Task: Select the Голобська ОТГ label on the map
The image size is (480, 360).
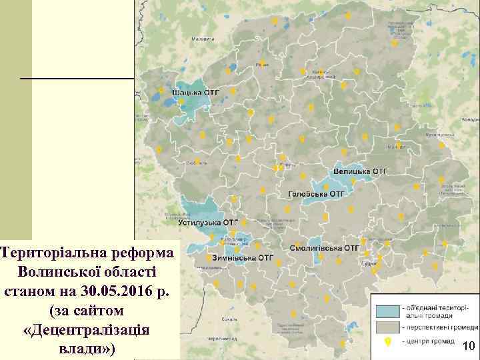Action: [x=315, y=194]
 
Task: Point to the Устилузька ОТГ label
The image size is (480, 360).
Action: [x=208, y=221]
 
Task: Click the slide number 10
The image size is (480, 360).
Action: [x=468, y=346]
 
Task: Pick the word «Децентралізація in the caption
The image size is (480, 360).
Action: [x=87, y=330]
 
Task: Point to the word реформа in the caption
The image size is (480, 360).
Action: [x=145, y=253]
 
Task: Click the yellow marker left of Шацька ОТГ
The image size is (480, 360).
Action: [x=161, y=90]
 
